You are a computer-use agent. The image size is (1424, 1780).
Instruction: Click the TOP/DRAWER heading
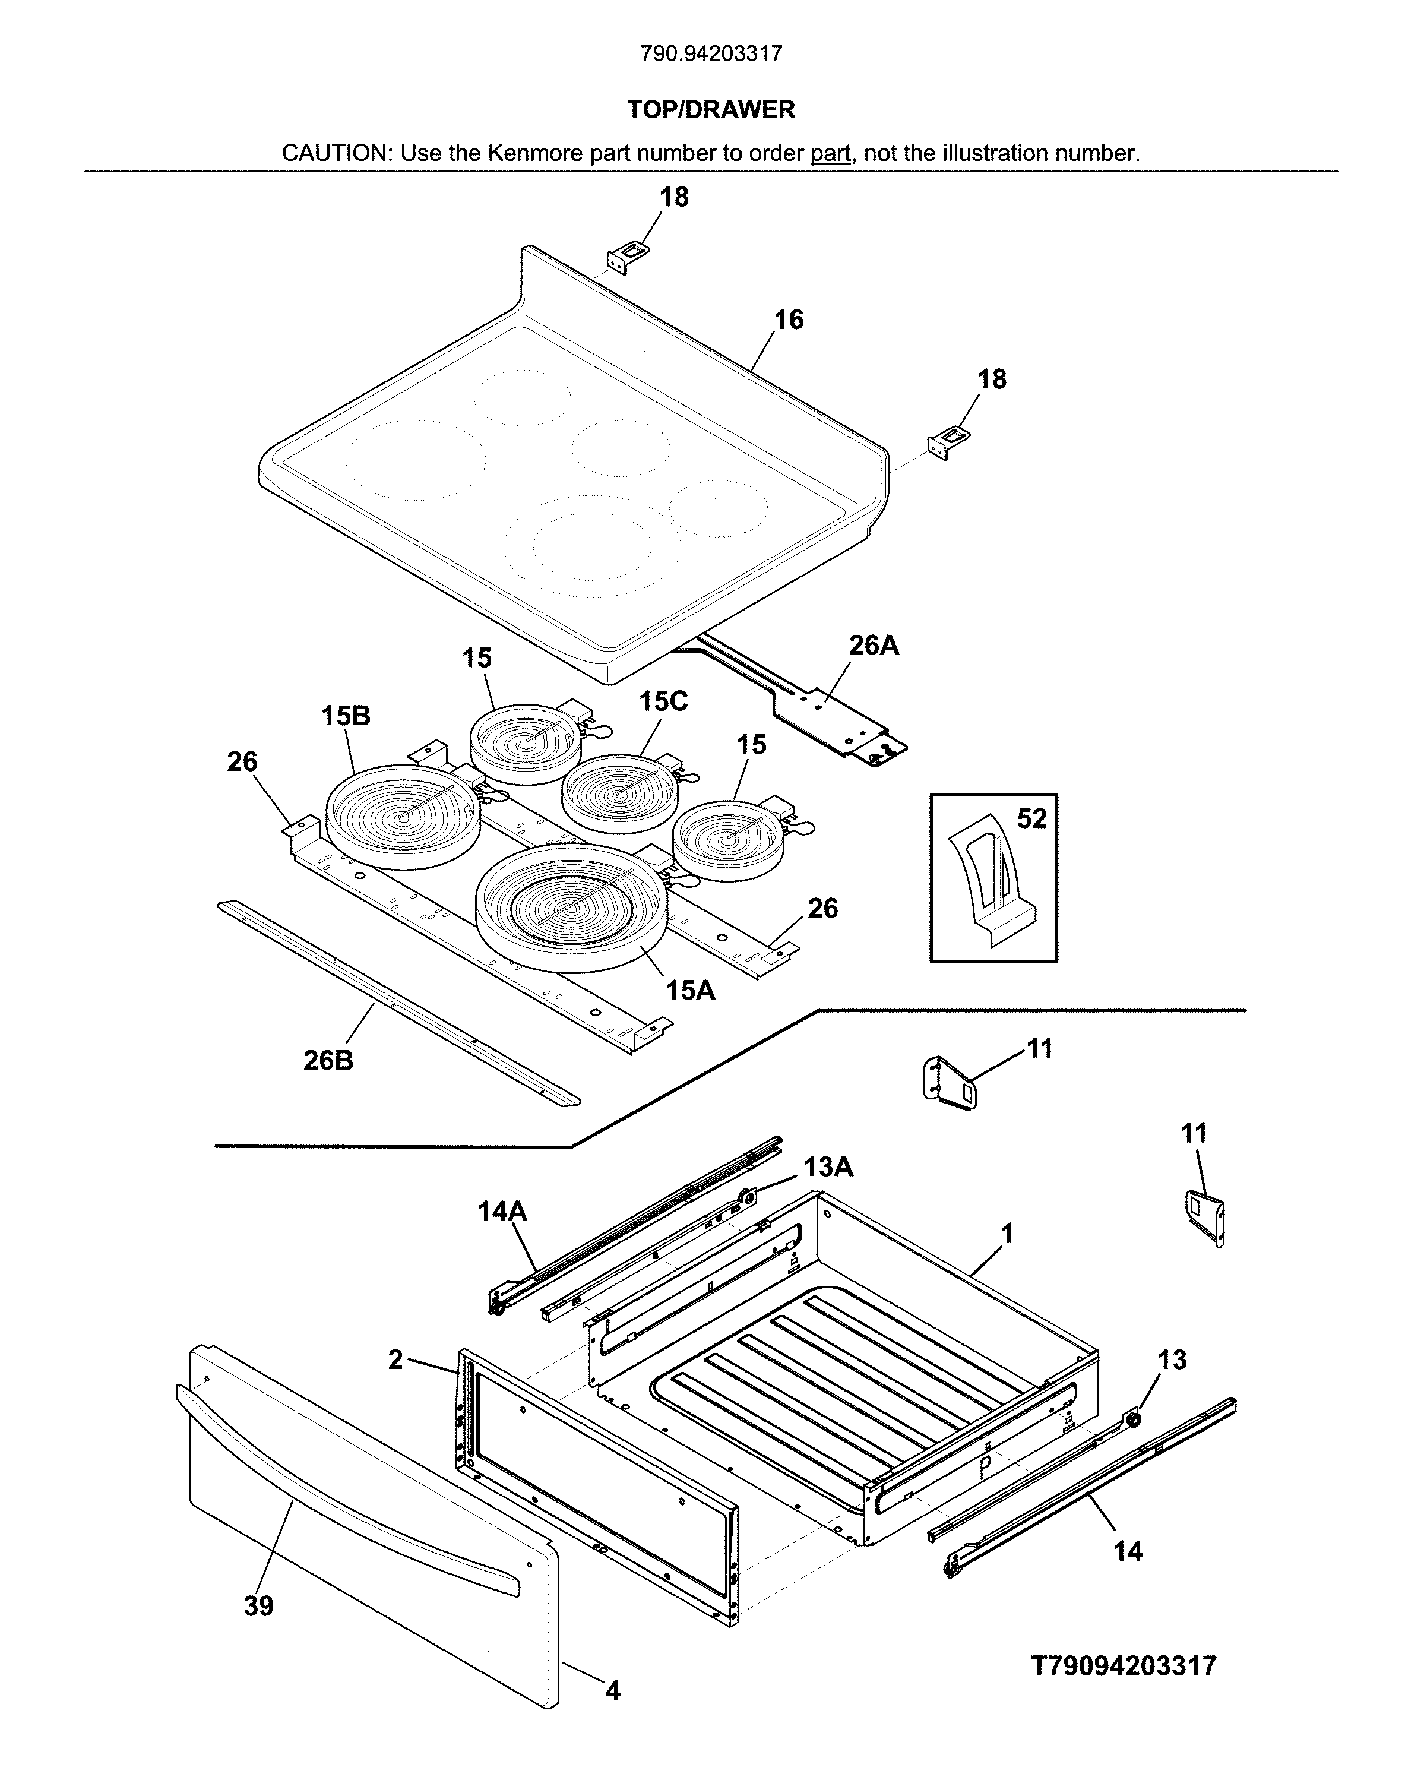point(711,110)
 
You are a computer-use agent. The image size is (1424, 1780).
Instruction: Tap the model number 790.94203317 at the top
point(711,55)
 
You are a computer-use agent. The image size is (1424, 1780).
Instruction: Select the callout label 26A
point(874,645)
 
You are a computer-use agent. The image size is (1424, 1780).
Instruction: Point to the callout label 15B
point(346,716)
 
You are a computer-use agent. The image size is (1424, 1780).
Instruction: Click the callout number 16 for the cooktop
point(789,320)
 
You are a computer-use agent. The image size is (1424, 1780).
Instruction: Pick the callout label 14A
point(502,1211)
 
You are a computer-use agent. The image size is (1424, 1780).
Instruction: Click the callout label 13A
point(828,1166)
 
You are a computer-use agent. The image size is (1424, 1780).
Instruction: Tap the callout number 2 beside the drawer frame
point(396,1359)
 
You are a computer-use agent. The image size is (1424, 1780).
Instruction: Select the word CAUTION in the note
point(334,153)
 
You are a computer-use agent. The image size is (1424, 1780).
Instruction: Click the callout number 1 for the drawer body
point(1007,1234)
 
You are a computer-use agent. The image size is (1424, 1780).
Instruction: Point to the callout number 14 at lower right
point(1128,1551)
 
